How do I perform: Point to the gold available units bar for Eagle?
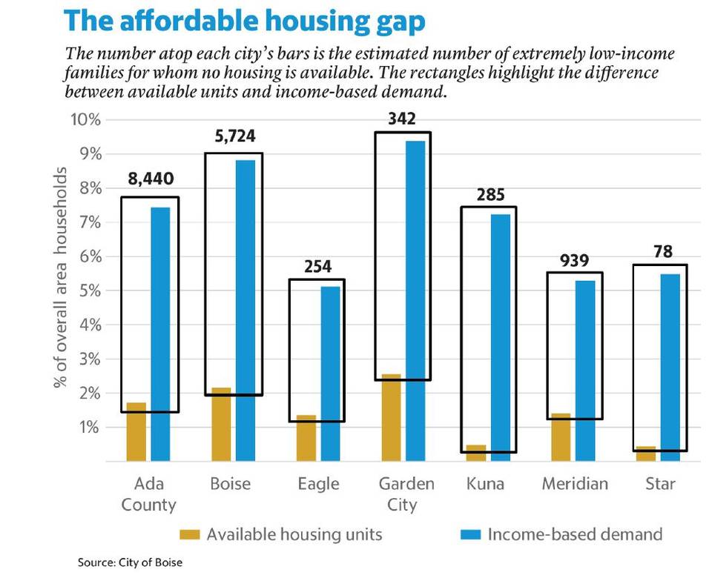[306, 438]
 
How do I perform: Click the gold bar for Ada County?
[136, 431]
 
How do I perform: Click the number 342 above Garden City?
[403, 119]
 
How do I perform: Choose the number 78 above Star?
[662, 251]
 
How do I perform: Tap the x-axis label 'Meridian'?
[574, 484]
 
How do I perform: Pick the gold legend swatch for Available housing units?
[191, 534]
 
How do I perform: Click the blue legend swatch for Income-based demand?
[471, 534]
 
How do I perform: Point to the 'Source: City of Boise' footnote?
[130, 562]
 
